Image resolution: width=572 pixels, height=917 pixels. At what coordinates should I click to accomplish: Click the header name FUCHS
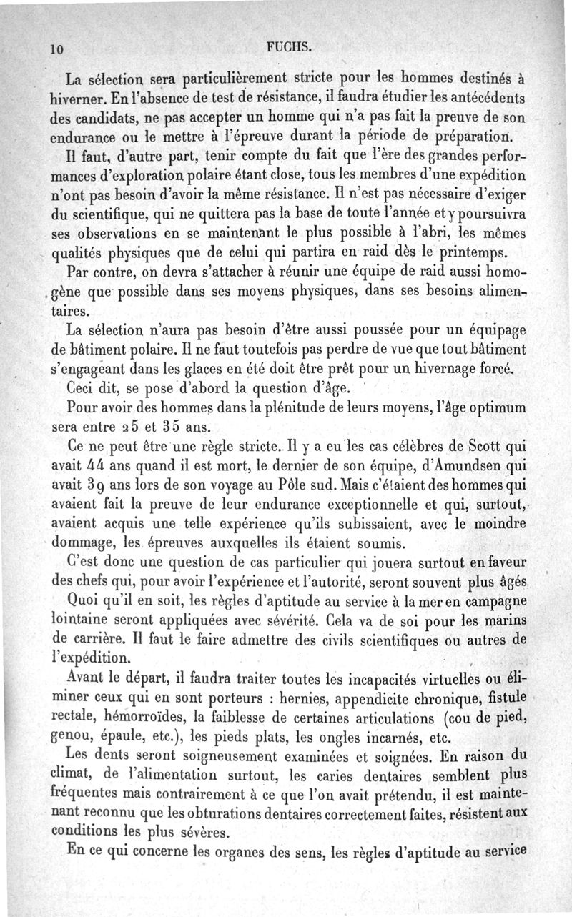287,48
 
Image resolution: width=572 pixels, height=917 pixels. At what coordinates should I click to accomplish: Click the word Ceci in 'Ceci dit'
82,390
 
